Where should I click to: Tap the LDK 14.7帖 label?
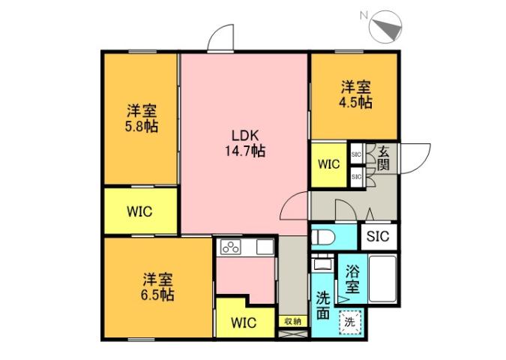click(x=244, y=142)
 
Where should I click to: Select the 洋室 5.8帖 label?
click(x=140, y=118)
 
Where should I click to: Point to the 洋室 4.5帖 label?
click(x=355, y=94)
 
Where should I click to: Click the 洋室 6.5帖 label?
click(x=158, y=287)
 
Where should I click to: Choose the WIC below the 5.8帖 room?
click(x=140, y=211)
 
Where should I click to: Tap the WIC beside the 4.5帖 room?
click(x=329, y=163)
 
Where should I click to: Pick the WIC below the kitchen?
click(x=243, y=323)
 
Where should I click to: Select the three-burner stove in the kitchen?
click(x=229, y=247)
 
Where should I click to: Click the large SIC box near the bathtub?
click(x=379, y=236)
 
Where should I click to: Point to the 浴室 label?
click(x=352, y=279)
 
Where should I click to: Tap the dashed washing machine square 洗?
click(x=349, y=323)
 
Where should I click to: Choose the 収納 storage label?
click(x=292, y=321)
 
